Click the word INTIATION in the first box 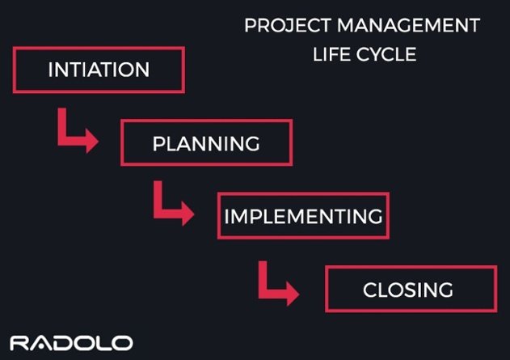tap(99, 70)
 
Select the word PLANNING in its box tap(206, 144)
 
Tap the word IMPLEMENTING tap(303, 217)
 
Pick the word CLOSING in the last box tap(408, 290)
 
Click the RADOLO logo tap(71, 342)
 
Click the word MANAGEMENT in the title tap(404, 26)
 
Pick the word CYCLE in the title tap(390, 56)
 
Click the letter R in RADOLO tap(19, 342)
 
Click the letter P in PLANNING tap(158, 144)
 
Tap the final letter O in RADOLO tap(122, 342)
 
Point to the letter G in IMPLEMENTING tap(374, 217)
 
